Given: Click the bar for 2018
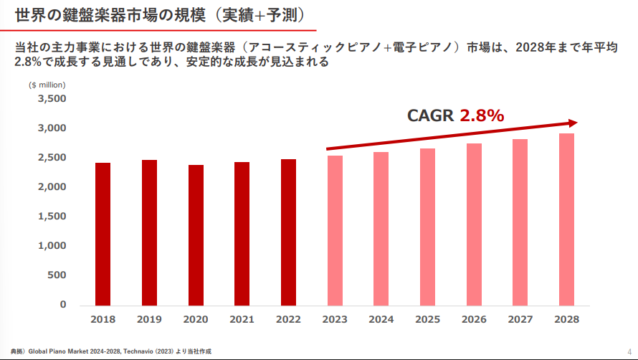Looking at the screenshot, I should tap(103, 234).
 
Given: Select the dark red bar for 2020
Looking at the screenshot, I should tap(196, 235).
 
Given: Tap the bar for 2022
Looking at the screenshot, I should tap(288, 232).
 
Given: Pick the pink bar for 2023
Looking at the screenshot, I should tap(334, 230).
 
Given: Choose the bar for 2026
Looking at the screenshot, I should tap(473, 224).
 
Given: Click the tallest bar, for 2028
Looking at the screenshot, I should tap(566, 219).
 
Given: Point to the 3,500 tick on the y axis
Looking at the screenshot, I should tap(52, 98).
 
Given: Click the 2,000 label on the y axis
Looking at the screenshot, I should tap(52, 186).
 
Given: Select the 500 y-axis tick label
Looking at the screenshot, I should tap(57, 275).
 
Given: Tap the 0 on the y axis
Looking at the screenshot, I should tap(63, 304).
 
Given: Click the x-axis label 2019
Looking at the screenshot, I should tap(149, 319).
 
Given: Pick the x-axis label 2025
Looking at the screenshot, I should tap(427, 319).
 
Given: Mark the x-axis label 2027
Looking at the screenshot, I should tap(520, 319).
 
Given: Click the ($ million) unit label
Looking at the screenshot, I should tap(47, 85).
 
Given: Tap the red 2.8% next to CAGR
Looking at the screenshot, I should tap(482, 115).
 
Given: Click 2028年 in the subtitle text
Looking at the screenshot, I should tap(530, 47).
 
